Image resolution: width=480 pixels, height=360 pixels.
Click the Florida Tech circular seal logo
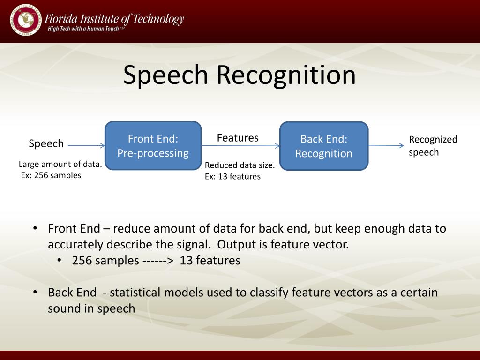pos(25,20)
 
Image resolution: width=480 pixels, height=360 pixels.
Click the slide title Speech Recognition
pos(240,75)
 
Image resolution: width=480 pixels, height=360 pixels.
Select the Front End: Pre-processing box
pos(153,146)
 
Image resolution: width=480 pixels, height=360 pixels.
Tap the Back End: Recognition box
pos(324,146)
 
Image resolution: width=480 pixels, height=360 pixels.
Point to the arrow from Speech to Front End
pos(86,146)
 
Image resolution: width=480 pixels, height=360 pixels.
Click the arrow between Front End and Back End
pos(240,146)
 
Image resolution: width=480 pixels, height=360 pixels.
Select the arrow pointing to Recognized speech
pos(386,146)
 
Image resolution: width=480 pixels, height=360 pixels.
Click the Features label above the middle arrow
pos(238,138)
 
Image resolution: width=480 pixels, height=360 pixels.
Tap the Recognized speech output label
pos(433,146)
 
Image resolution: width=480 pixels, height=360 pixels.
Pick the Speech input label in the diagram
pos(46,143)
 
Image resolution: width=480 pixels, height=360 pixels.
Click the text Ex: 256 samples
pos(51,175)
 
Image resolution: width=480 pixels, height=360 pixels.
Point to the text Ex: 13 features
pos(232,176)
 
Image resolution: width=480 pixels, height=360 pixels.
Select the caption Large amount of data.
pos(60,165)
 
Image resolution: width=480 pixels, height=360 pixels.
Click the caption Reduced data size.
pos(240,165)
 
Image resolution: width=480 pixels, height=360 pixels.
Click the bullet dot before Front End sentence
pos(35,228)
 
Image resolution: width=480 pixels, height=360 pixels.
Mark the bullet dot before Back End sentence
pos(35,292)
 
